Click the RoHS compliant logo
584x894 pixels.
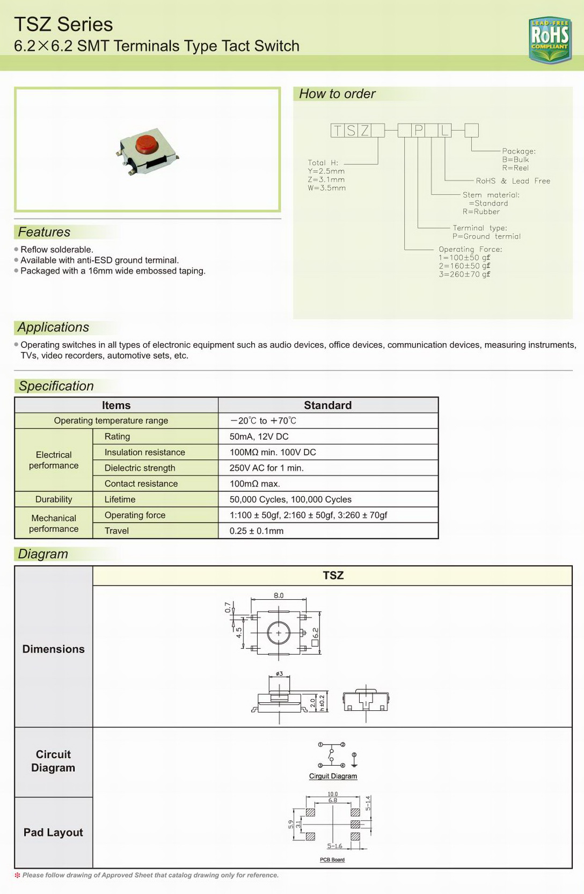tap(550, 39)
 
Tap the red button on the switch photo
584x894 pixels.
tap(145, 143)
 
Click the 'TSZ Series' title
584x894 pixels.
tap(63, 25)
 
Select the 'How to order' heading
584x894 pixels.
tap(337, 94)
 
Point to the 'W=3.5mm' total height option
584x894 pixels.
tap(326, 188)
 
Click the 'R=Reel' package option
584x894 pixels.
tap(515, 168)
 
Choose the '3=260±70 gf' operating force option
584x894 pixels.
tap(464, 274)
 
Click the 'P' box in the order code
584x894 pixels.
tap(418, 130)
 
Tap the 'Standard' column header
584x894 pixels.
tap(327, 405)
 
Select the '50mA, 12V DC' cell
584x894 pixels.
tap(259, 437)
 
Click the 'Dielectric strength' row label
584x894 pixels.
tap(140, 468)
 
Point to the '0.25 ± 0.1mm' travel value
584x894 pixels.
tap(256, 531)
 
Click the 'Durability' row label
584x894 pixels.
tap(54, 499)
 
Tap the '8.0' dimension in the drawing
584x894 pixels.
tap(279, 595)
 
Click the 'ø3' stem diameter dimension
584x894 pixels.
tap(279, 673)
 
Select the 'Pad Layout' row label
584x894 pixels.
tap(53, 832)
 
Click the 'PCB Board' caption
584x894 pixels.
tap(332, 860)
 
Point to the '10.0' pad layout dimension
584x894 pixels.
tap(333, 794)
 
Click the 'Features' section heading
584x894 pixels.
tap(44, 232)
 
